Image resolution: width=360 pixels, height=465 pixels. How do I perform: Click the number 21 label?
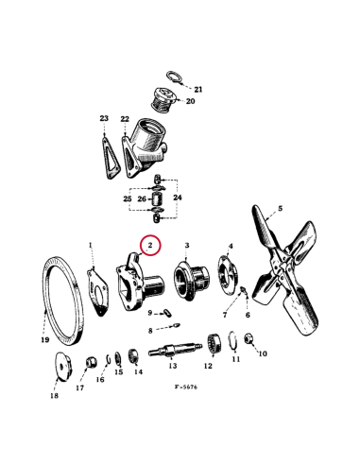pyautogui.click(x=197, y=89)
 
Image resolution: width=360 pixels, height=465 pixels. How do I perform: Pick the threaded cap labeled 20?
pyautogui.click(x=166, y=101)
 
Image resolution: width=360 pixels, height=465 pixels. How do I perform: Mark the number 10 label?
pyautogui.click(x=262, y=354)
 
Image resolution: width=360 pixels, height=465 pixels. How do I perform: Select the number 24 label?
pyautogui.click(x=180, y=198)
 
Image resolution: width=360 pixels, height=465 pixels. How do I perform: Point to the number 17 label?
pyautogui.click(x=79, y=387)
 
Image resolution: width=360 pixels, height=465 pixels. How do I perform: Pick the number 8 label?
pyautogui.click(x=149, y=331)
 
